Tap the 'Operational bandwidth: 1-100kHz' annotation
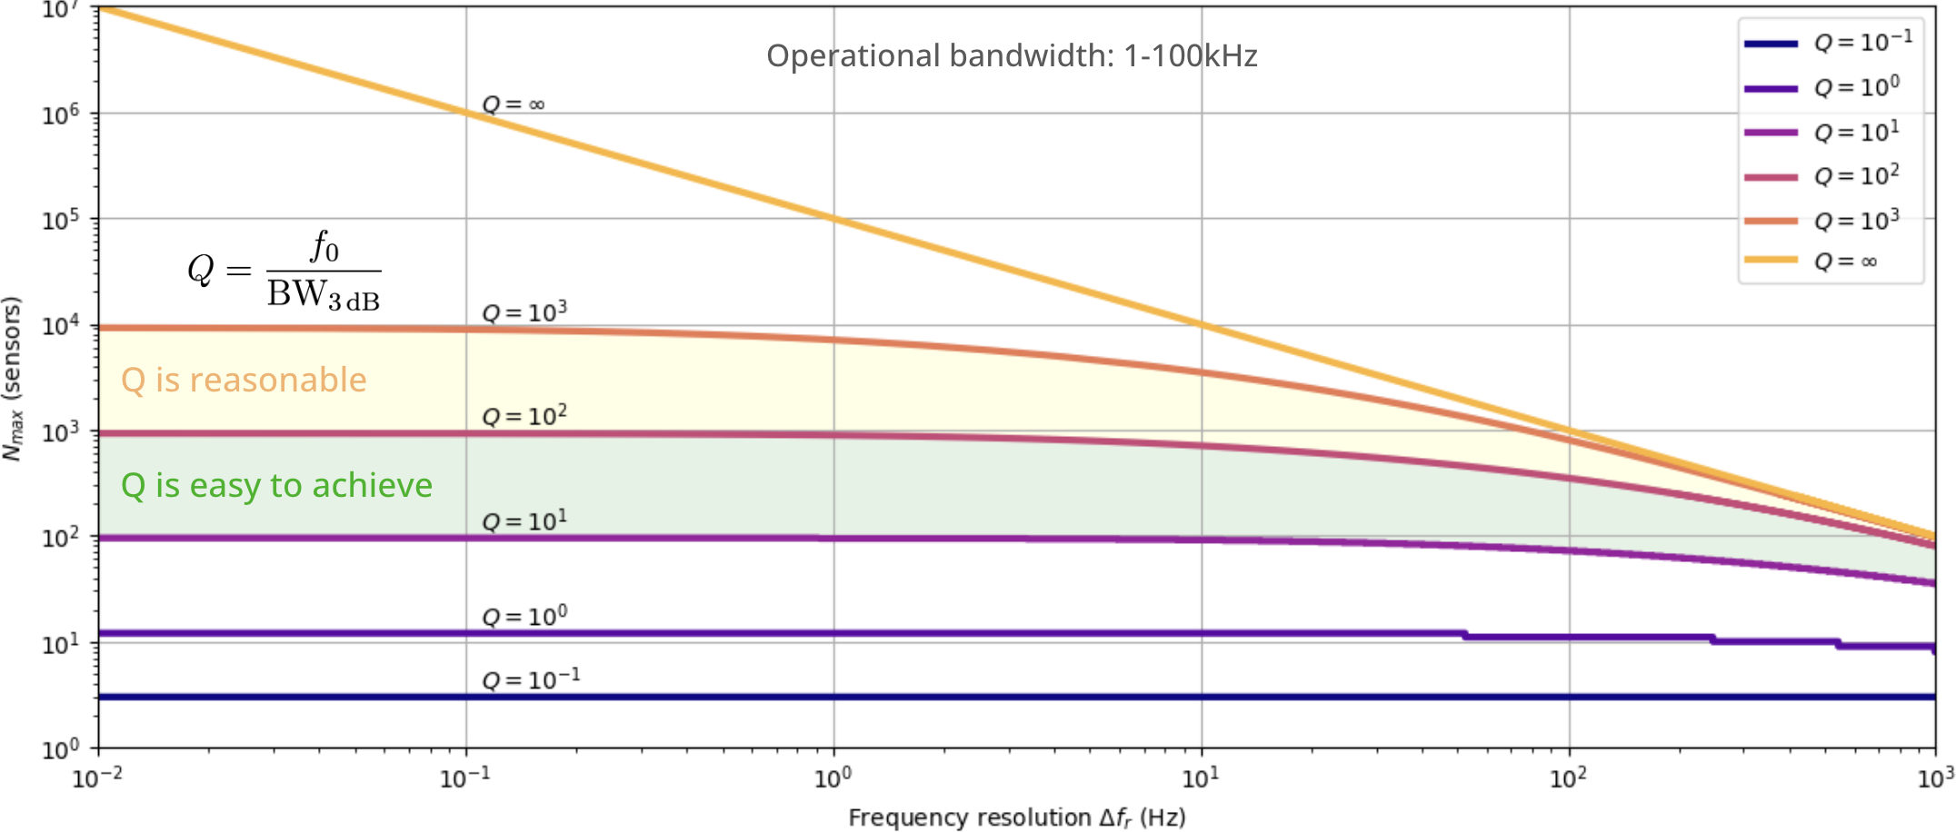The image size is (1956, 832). pyautogui.click(x=1012, y=56)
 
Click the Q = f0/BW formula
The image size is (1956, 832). pyautogui.click(x=284, y=272)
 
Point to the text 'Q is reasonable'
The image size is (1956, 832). pyautogui.click(x=244, y=381)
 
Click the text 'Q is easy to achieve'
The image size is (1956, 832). pyautogui.click(x=276, y=486)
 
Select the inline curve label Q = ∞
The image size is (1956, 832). pyautogui.click(x=514, y=104)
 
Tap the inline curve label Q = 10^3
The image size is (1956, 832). pyautogui.click(x=524, y=312)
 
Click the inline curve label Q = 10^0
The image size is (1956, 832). pyautogui.click(x=524, y=617)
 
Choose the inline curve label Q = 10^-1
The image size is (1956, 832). pyautogui.click(x=531, y=680)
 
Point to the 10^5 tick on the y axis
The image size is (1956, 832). pyautogui.click(x=61, y=220)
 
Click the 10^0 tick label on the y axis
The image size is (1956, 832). pyautogui.click(x=61, y=749)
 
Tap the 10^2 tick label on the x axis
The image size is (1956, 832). pyautogui.click(x=1568, y=778)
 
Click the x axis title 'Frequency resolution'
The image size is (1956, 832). pyautogui.click(x=1016, y=817)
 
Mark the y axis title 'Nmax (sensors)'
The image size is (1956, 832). pyautogui.click(x=12, y=379)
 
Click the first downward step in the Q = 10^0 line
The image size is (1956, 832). pyautogui.click(x=1465, y=634)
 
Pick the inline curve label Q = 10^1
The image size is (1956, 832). pyautogui.click(x=524, y=521)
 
